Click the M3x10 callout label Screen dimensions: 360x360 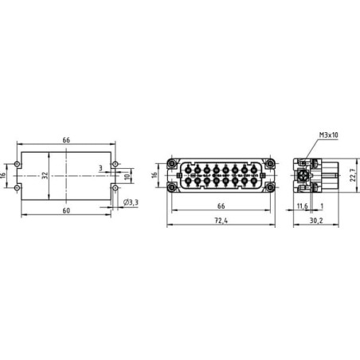tap(328, 135)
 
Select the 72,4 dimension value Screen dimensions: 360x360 tap(221, 221)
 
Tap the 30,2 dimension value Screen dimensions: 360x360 tap(316, 221)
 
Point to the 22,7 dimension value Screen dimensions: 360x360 tap(353, 175)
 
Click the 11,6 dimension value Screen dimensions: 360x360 tap(302, 205)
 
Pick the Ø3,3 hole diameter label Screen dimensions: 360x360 tap(131, 202)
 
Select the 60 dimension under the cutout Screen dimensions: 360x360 tap(66, 210)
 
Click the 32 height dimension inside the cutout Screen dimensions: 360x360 tap(45, 175)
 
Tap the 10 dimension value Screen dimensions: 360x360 tap(128, 176)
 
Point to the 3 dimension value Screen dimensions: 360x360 tap(100, 168)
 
